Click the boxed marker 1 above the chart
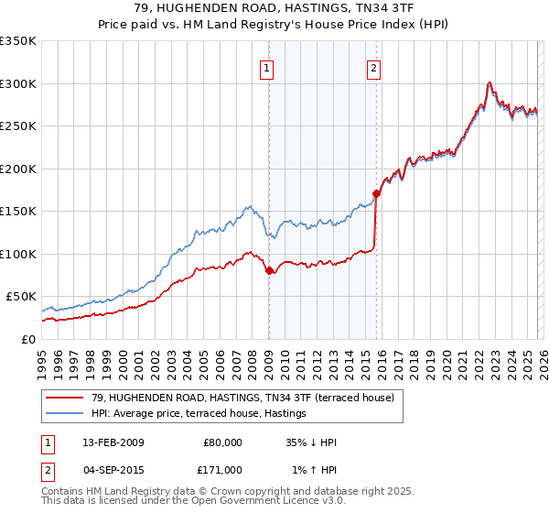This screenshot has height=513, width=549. (267, 67)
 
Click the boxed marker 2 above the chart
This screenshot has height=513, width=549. (374, 67)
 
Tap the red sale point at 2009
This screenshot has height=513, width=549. (269, 271)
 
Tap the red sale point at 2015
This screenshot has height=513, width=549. (376, 193)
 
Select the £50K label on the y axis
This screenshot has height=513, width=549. (21, 297)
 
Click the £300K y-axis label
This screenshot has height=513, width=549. (18, 83)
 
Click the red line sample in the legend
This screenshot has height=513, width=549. (66, 398)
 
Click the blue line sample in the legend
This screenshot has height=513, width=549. (66, 414)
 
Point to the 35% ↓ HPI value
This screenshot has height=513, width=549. (311, 442)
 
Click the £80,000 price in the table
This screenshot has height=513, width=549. (222, 442)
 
